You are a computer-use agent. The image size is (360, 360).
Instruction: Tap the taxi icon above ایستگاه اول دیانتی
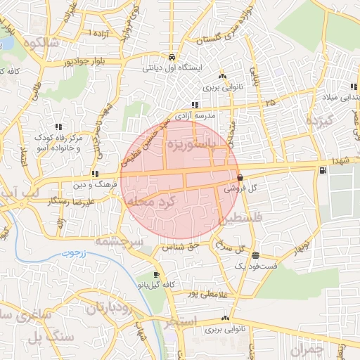172,57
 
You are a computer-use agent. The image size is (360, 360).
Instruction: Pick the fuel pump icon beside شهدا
322,169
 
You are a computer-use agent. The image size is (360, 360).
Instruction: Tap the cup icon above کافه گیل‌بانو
156,274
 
